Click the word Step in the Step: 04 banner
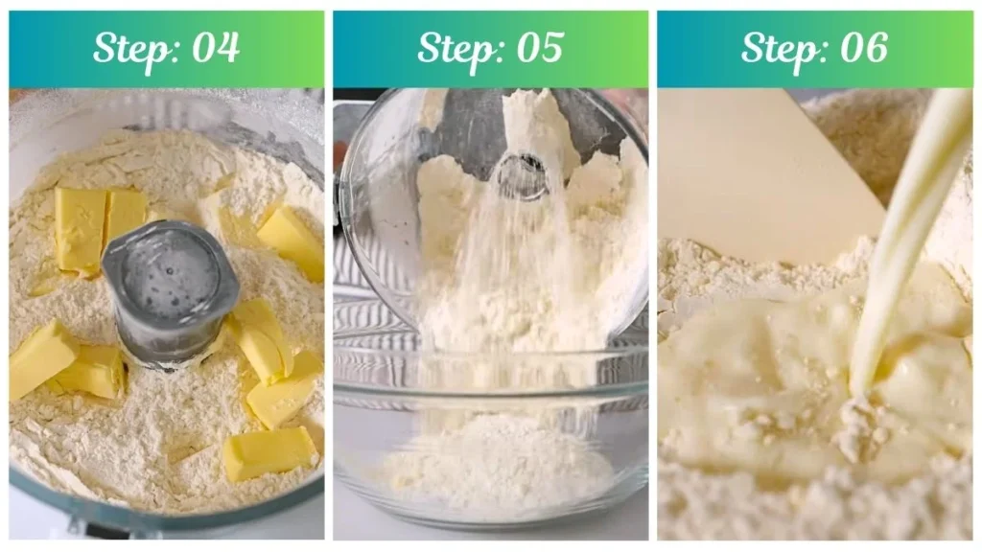pyautogui.click(x=130, y=48)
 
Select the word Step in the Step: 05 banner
pyautogui.click(x=455, y=48)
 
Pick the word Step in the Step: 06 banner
pyautogui.click(x=779, y=48)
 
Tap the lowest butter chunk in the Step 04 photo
pyautogui.click(x=269, y=452)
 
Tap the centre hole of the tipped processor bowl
pyautogui.click(x=521, y=175)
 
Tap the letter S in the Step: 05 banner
pyautogui.click(x=429, y=47)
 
